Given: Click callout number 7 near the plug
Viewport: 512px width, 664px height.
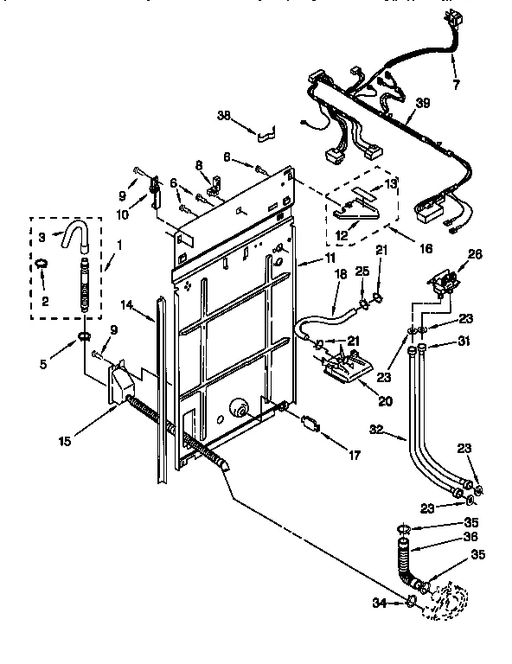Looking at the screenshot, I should (x=456, y=84).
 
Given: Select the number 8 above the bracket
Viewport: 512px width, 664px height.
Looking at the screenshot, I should (x=198, y=164).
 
